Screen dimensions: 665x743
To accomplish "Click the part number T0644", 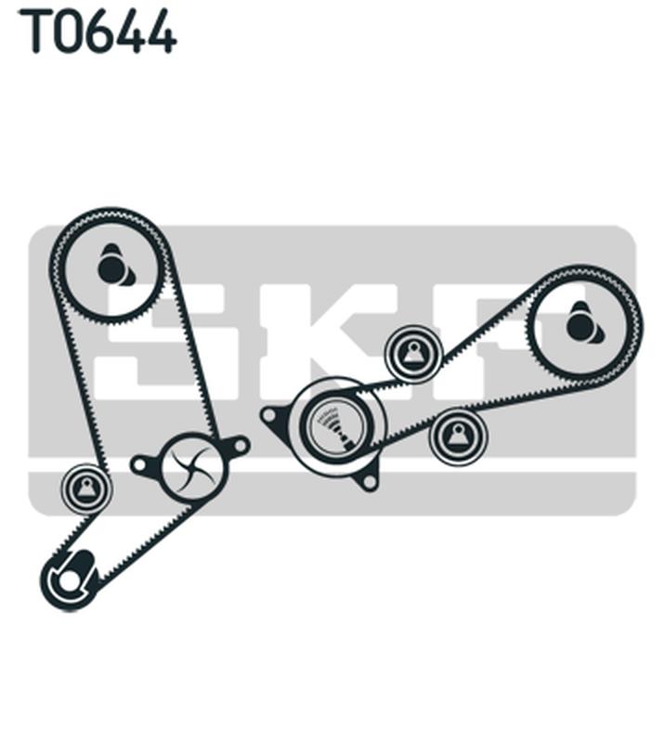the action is pos(98,31).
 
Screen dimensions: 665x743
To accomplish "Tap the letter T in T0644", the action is pos(34,31).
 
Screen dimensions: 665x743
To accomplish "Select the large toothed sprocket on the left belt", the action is pos(111,267).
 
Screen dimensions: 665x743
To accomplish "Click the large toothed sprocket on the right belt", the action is pos(584,323).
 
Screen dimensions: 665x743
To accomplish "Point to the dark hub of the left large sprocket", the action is pos(111,268).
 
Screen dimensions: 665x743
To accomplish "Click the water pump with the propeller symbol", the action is pos(192,466).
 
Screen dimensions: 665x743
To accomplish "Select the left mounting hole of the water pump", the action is pos(139,465).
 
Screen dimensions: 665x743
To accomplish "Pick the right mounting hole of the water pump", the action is pos(241,446).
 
